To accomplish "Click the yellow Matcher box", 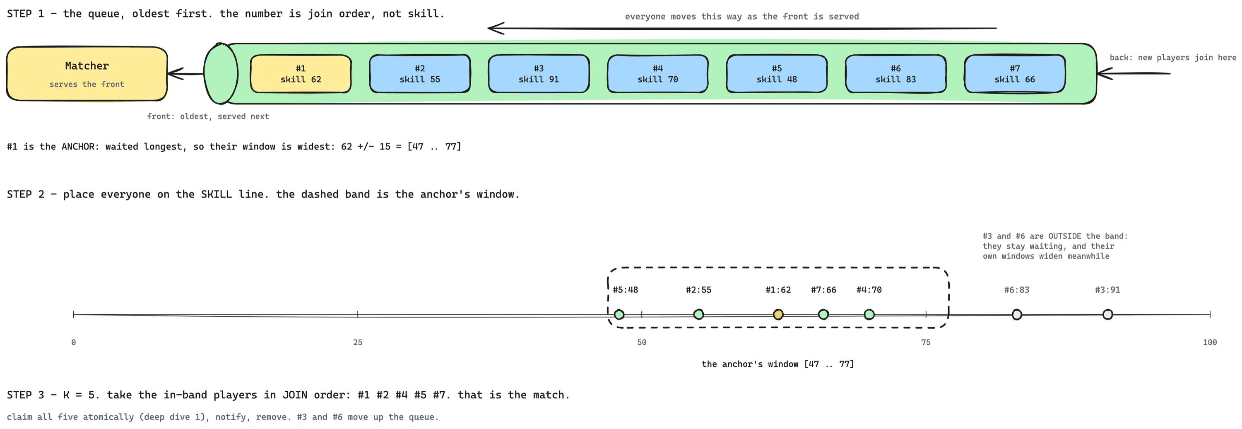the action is [x=87, y=74].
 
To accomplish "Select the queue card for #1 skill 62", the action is [x=301, y=74].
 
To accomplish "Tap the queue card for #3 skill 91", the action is [x=539, y=74].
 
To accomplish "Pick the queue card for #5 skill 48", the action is [x=777, y=74].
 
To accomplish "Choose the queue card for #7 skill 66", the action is [x=1015, y=74].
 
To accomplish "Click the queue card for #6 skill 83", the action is [x=896, y=74].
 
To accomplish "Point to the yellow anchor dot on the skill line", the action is [x=778, y=315].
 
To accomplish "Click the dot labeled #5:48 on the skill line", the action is [x=619, y=315].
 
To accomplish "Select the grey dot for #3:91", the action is [x=1107, y=315].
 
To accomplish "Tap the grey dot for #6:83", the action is [x=1017, y=315].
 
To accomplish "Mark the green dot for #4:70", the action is [x=869, y=315].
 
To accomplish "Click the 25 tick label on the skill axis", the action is [x=358, y=342].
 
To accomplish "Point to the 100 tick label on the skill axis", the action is [x=1210, y=342].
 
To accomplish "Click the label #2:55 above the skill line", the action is [x=699, y=290].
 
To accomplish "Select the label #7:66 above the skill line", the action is [x=823, y=290].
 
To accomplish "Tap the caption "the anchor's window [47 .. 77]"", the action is [x=777, y=364].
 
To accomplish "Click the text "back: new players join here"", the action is [x=1173, y=58].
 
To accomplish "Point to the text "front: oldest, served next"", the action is [x=208, y=116].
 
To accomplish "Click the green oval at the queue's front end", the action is [x=221, y=73].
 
